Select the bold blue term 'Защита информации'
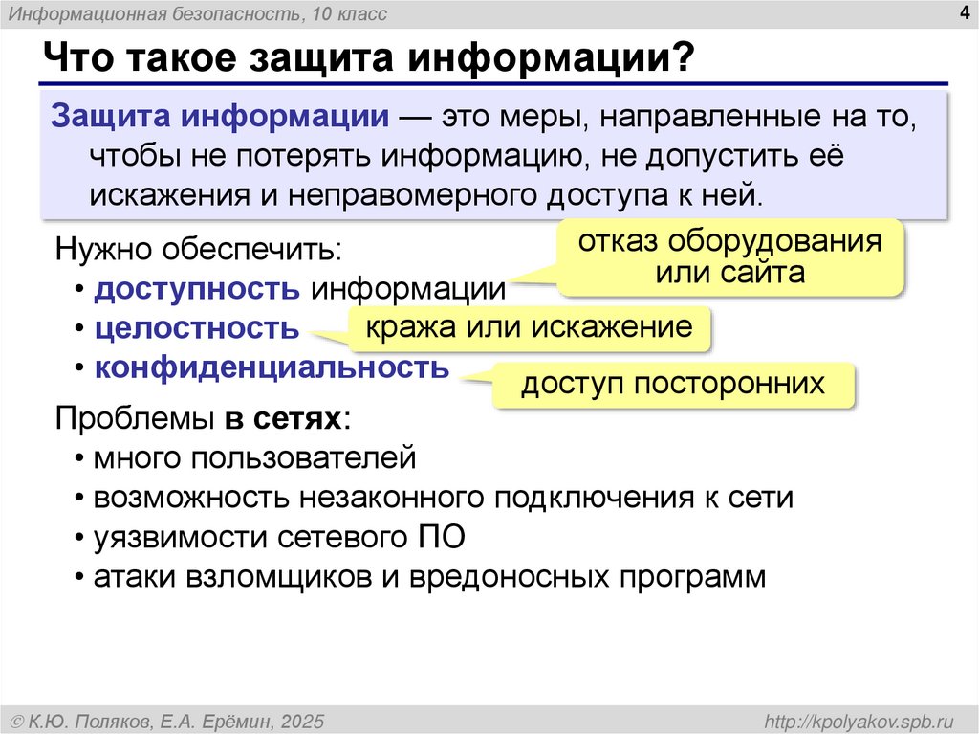pos(219,117)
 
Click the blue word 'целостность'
pos(196,328)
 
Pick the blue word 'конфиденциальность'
pos(272,367)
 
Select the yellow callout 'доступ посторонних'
pos(672,384)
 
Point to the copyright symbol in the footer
pos(16,720)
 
